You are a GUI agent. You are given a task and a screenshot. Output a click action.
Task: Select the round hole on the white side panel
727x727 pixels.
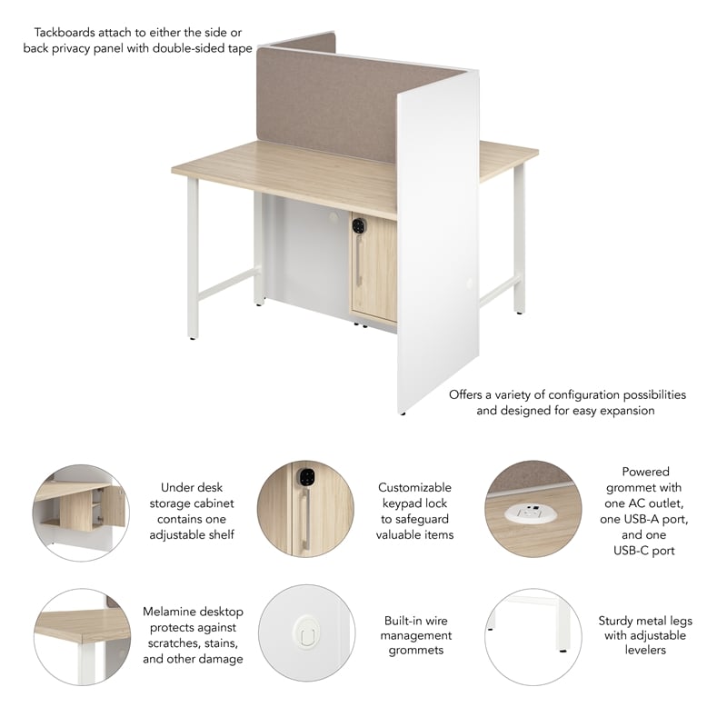tap(470, 284)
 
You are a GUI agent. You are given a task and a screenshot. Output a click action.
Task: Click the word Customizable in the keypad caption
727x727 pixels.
tap(414, 488)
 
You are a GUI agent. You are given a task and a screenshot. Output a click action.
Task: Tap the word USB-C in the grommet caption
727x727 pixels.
tap(644, 550)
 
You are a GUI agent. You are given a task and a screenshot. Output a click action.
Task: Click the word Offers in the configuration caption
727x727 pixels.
tap(468, 394)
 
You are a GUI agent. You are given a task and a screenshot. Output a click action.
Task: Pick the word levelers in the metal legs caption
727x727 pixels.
tap(644, 650)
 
